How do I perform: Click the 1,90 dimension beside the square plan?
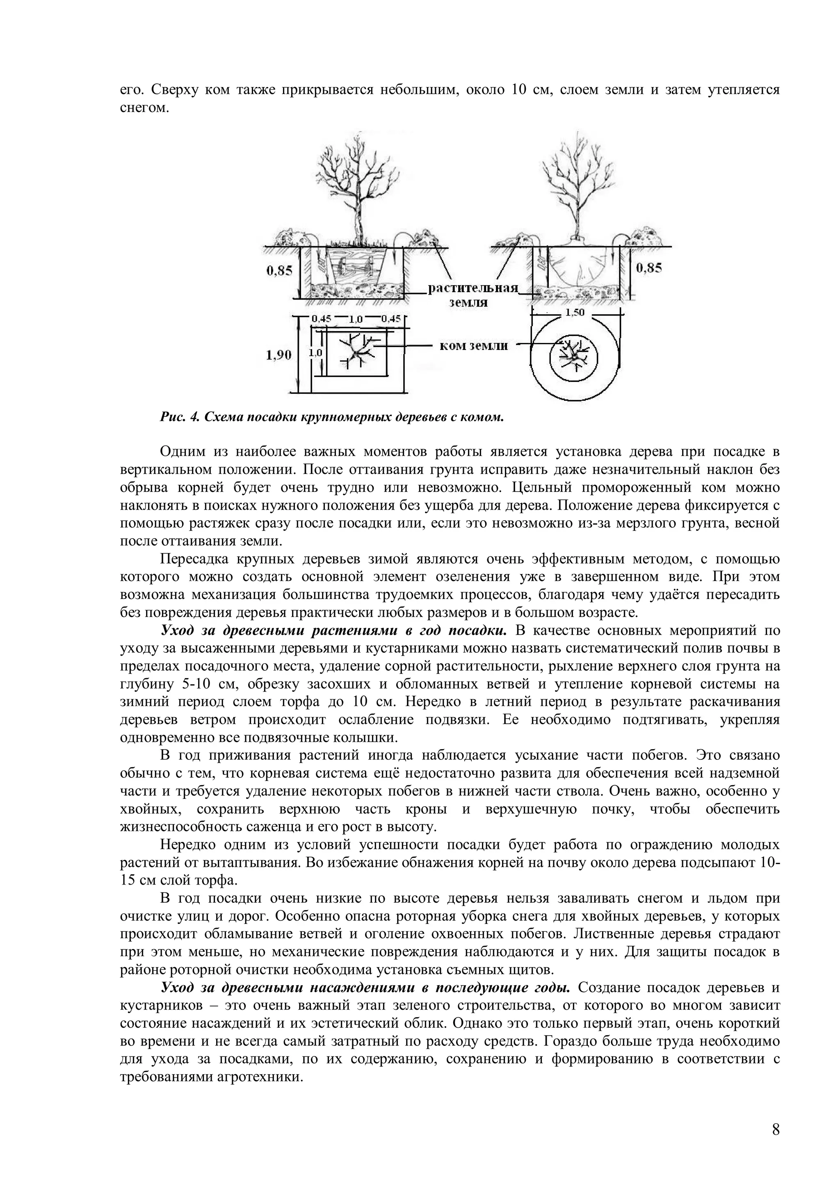click(279, 355)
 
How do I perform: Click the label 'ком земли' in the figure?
click(473, 346)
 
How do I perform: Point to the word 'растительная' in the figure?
click(473, 288)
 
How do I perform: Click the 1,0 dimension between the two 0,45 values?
click(356, 320)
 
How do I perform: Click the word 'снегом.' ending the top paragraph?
click(144, 108)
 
